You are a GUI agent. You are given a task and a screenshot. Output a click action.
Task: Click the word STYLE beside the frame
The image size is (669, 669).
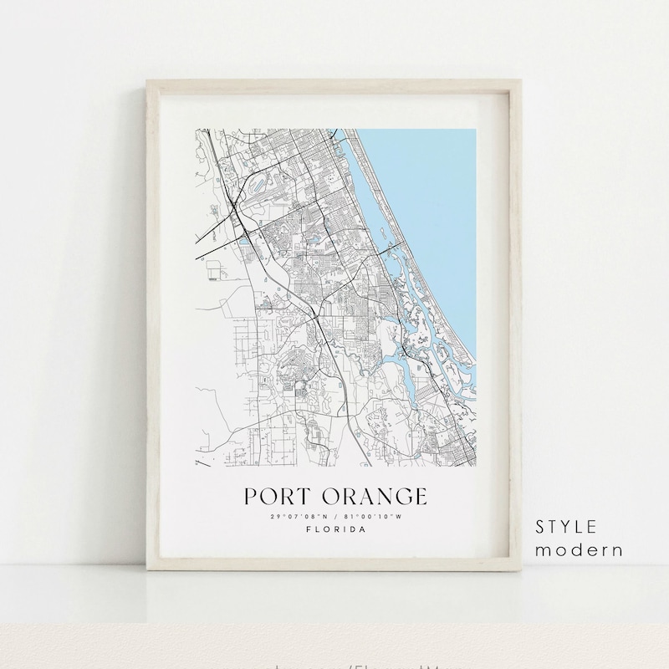(x=567, y=527)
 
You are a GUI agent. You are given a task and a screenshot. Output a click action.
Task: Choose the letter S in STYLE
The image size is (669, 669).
(x=541, y=527)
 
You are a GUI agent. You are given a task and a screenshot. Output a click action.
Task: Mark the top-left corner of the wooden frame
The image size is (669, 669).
(x=146, y=81)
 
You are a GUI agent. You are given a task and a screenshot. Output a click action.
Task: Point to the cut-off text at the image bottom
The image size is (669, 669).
(x=334, y=664)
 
